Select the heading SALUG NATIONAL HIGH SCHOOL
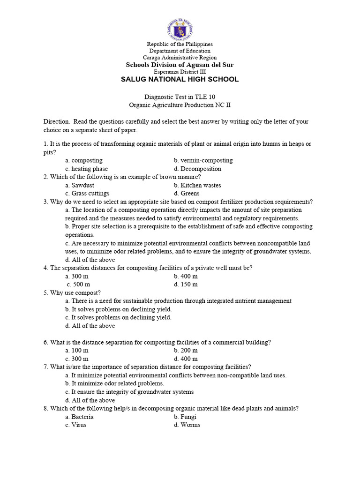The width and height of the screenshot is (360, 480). pos(180,79)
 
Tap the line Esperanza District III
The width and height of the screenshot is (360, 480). pos(180,71)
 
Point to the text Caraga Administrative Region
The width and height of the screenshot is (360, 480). pos(180,57)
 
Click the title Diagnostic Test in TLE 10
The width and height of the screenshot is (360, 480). pos(180,97)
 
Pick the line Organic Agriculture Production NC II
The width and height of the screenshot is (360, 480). pos(180,105)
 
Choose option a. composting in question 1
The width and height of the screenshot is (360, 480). pos(84,160)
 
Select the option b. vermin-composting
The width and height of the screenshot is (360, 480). pos(203,160)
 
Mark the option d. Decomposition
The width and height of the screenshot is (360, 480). pos(197,169)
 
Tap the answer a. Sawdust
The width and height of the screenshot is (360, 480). pos(80,185)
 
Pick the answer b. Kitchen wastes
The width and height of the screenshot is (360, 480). pos(197,185)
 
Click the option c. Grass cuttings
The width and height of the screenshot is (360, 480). pos(87,193)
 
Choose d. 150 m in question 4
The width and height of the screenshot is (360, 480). pos(186,284)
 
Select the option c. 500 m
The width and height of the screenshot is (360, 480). pos(78,284)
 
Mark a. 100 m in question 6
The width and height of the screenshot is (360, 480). pos(77,351)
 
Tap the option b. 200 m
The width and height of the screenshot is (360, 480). pos(186,351)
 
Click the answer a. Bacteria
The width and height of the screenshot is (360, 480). pos(80,417)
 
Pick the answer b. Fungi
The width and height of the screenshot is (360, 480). pos(185,417)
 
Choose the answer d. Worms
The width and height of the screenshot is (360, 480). pos(187,425)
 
